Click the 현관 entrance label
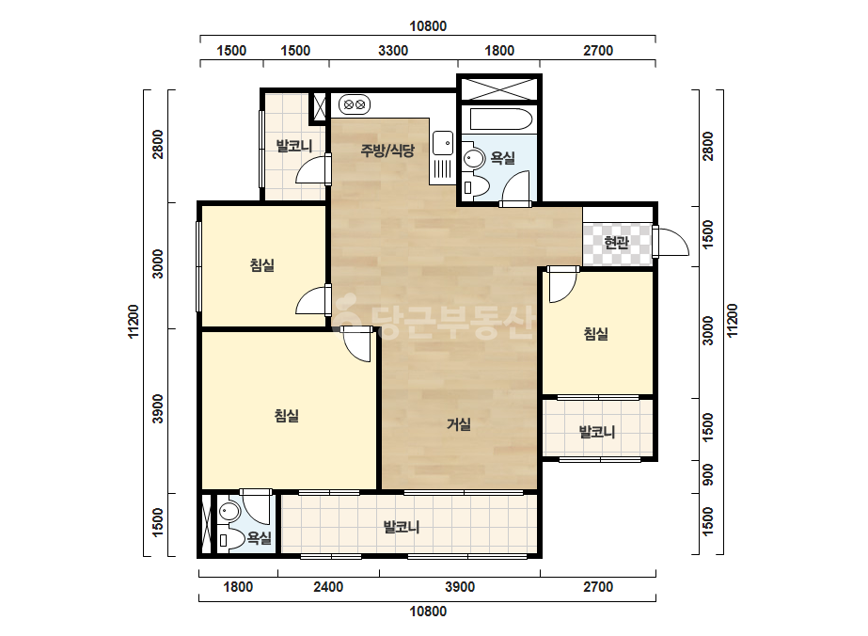pos(617,242)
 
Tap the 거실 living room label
pos(459,424)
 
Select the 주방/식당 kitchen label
pos(387,151)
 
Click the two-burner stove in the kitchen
pos(354,104)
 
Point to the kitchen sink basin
pos(442,143)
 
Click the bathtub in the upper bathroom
pos(500,119)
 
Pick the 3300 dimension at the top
pos(393,51)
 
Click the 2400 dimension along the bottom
pos(328,587)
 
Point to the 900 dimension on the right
pos(707,476)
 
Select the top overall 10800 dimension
pos(428,26)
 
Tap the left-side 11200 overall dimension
pos(134,322)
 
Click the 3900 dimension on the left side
pos(158,409)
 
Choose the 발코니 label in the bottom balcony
pos(402,526)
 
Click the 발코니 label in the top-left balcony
pos(294,146)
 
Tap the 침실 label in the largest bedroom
pos(287,416)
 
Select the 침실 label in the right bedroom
pos(596,333)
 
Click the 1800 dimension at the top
pos(499,51)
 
